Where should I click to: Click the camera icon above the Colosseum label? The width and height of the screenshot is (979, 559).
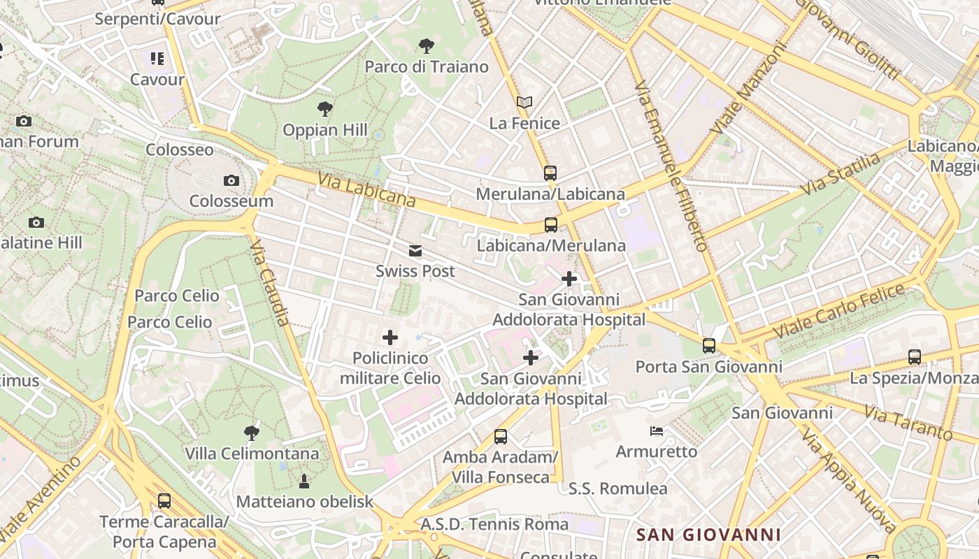231,181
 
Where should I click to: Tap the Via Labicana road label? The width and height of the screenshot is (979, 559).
366,190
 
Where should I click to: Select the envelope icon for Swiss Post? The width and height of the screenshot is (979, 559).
415,251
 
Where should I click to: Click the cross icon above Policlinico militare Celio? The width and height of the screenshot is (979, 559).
390,338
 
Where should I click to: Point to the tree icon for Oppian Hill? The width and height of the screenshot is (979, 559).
324,109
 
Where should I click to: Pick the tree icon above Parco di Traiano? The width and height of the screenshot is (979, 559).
426,47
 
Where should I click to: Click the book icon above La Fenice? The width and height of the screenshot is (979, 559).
524,103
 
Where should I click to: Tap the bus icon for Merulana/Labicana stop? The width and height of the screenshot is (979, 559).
550,173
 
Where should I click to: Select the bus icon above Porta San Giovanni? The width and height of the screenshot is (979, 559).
709,345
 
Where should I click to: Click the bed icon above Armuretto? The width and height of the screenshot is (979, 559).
656,430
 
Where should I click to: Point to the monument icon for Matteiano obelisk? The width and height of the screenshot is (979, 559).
304,481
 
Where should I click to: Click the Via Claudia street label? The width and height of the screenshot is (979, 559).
269,282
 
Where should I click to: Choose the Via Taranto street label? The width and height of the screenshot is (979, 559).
908,422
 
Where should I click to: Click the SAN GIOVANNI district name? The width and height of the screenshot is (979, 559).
708,535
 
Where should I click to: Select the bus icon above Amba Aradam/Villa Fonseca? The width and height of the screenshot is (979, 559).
501,437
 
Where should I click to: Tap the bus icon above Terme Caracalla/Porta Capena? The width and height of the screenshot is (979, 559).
164,500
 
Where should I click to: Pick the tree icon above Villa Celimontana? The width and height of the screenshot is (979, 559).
252,433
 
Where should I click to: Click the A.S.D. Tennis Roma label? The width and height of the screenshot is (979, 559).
494,524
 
